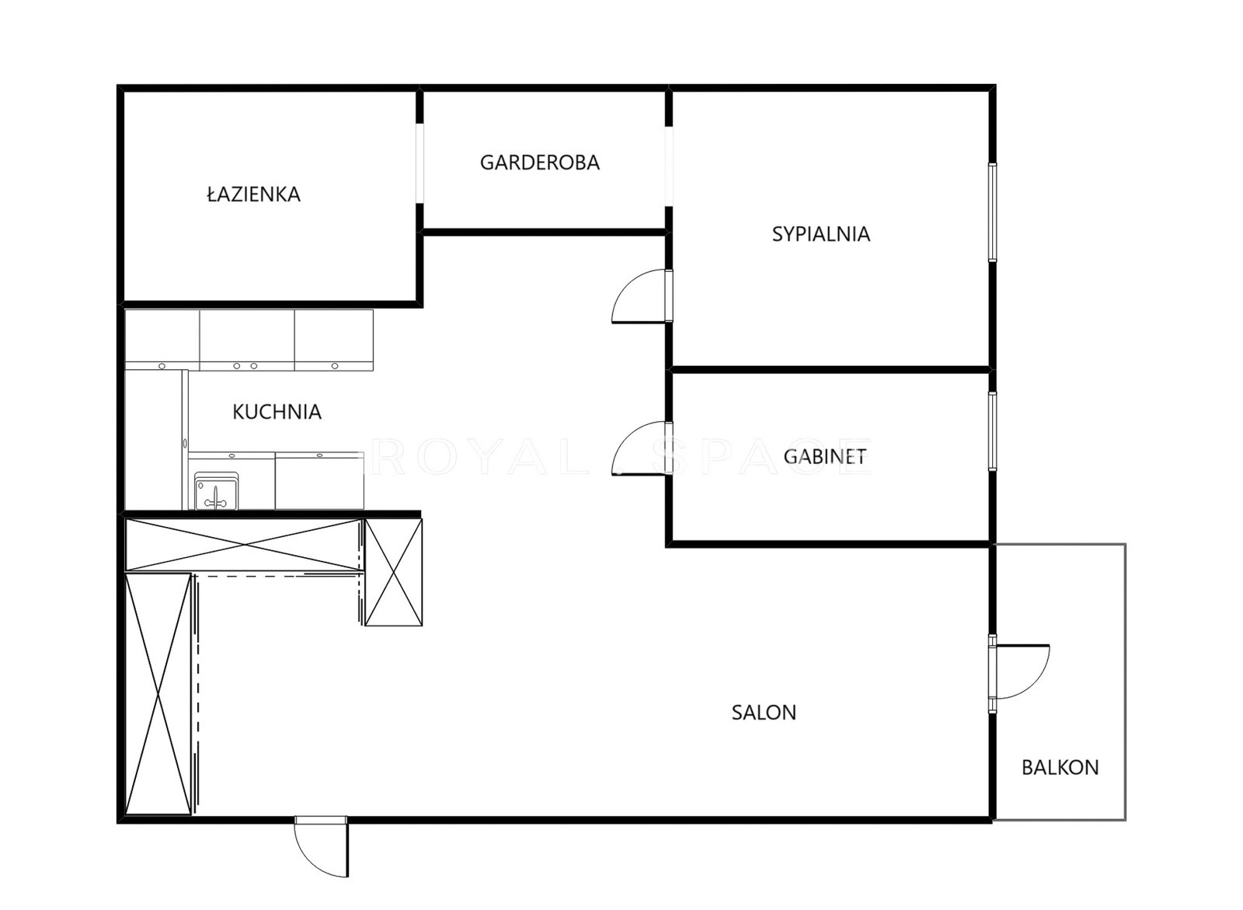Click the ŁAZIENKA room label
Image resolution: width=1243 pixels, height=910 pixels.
click(253, 194)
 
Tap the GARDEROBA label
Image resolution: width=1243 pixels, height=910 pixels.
click(539, 162)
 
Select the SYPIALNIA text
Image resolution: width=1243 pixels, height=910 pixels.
click(820, 234)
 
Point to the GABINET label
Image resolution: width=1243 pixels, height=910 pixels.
click(824, 456)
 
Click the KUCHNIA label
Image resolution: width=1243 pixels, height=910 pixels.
click(277, 411)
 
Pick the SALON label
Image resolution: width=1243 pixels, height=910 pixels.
click(764, 713)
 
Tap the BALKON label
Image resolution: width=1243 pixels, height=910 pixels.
click(1060, 767)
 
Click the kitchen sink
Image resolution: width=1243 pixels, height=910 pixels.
click(216, 491)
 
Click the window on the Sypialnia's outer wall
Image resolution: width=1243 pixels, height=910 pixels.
click(992, 212)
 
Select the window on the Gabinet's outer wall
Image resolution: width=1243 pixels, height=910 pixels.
click(992, 431)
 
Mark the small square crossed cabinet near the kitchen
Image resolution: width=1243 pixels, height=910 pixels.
click(393, 573)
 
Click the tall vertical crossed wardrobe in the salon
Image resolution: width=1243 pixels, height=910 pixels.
click(158, 695)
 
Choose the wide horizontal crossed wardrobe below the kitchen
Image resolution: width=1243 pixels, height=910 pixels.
click(244, 545)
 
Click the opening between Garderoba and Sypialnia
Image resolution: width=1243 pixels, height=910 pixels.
click(670, 167)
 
